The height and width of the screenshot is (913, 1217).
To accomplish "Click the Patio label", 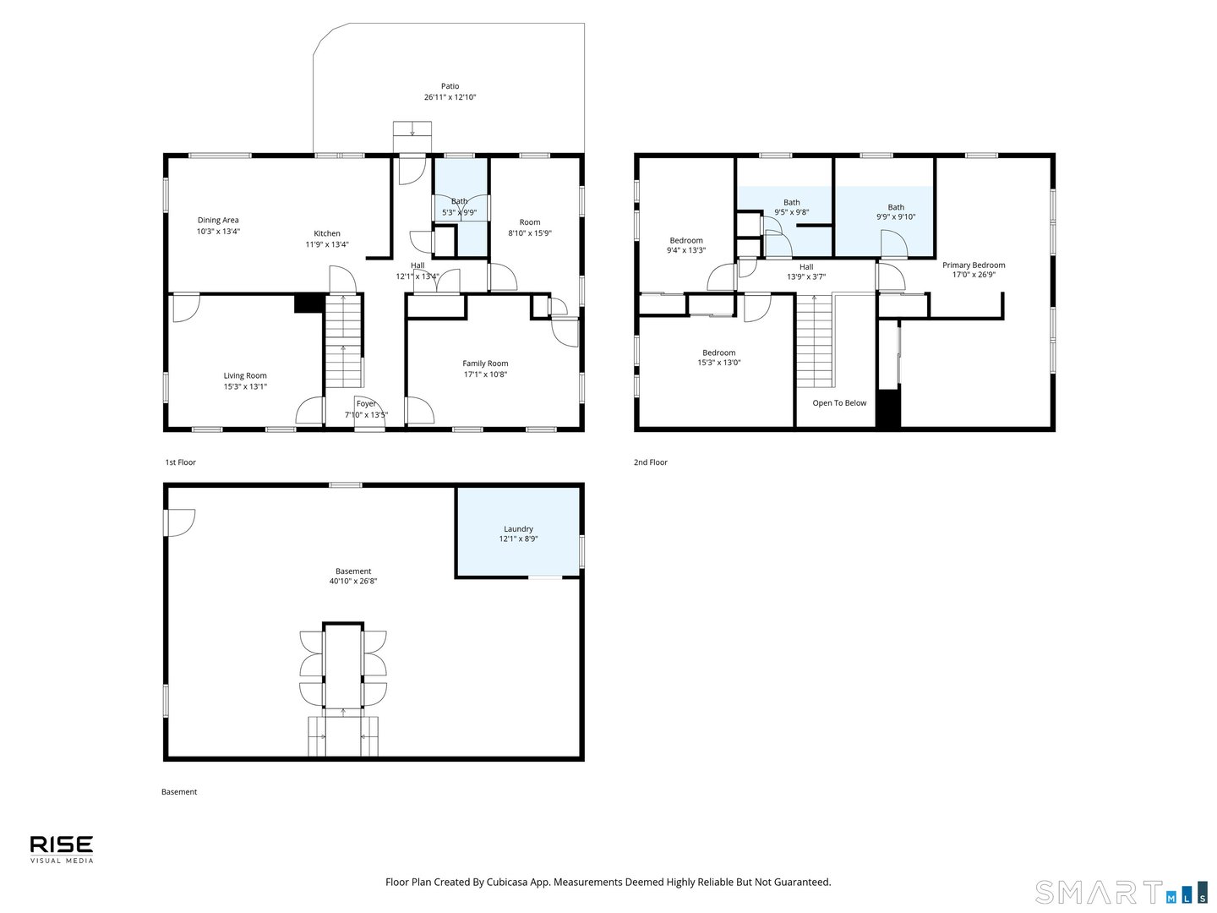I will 450,86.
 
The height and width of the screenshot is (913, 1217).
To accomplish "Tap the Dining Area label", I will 218,220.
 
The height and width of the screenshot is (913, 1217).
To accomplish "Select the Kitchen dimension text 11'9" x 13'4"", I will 327,244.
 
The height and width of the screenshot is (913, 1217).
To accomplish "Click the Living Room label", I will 245,375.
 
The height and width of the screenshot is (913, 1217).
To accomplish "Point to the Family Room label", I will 485,364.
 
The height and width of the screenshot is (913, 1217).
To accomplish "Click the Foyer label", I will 366,404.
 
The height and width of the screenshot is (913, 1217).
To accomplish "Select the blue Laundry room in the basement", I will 518,533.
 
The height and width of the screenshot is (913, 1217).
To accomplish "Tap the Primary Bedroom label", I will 974,265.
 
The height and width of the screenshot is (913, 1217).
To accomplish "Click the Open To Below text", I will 839,403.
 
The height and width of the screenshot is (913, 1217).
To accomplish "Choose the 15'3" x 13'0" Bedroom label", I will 718,353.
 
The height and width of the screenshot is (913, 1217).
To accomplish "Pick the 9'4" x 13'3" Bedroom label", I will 686,240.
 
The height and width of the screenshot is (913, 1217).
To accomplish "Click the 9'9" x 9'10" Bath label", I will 896,207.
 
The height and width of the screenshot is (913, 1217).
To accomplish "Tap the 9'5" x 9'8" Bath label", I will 791,202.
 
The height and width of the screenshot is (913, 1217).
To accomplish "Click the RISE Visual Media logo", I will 62,849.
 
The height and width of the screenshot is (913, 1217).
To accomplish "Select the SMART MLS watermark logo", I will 1121,893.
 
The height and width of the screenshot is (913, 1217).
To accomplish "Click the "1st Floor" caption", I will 180,462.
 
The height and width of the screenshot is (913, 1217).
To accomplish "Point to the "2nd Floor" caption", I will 651,462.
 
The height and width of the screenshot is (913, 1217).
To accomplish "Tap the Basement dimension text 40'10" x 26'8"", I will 353,582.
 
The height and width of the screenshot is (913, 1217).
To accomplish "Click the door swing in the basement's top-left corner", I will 180,522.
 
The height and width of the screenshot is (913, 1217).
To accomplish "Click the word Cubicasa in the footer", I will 508,882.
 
